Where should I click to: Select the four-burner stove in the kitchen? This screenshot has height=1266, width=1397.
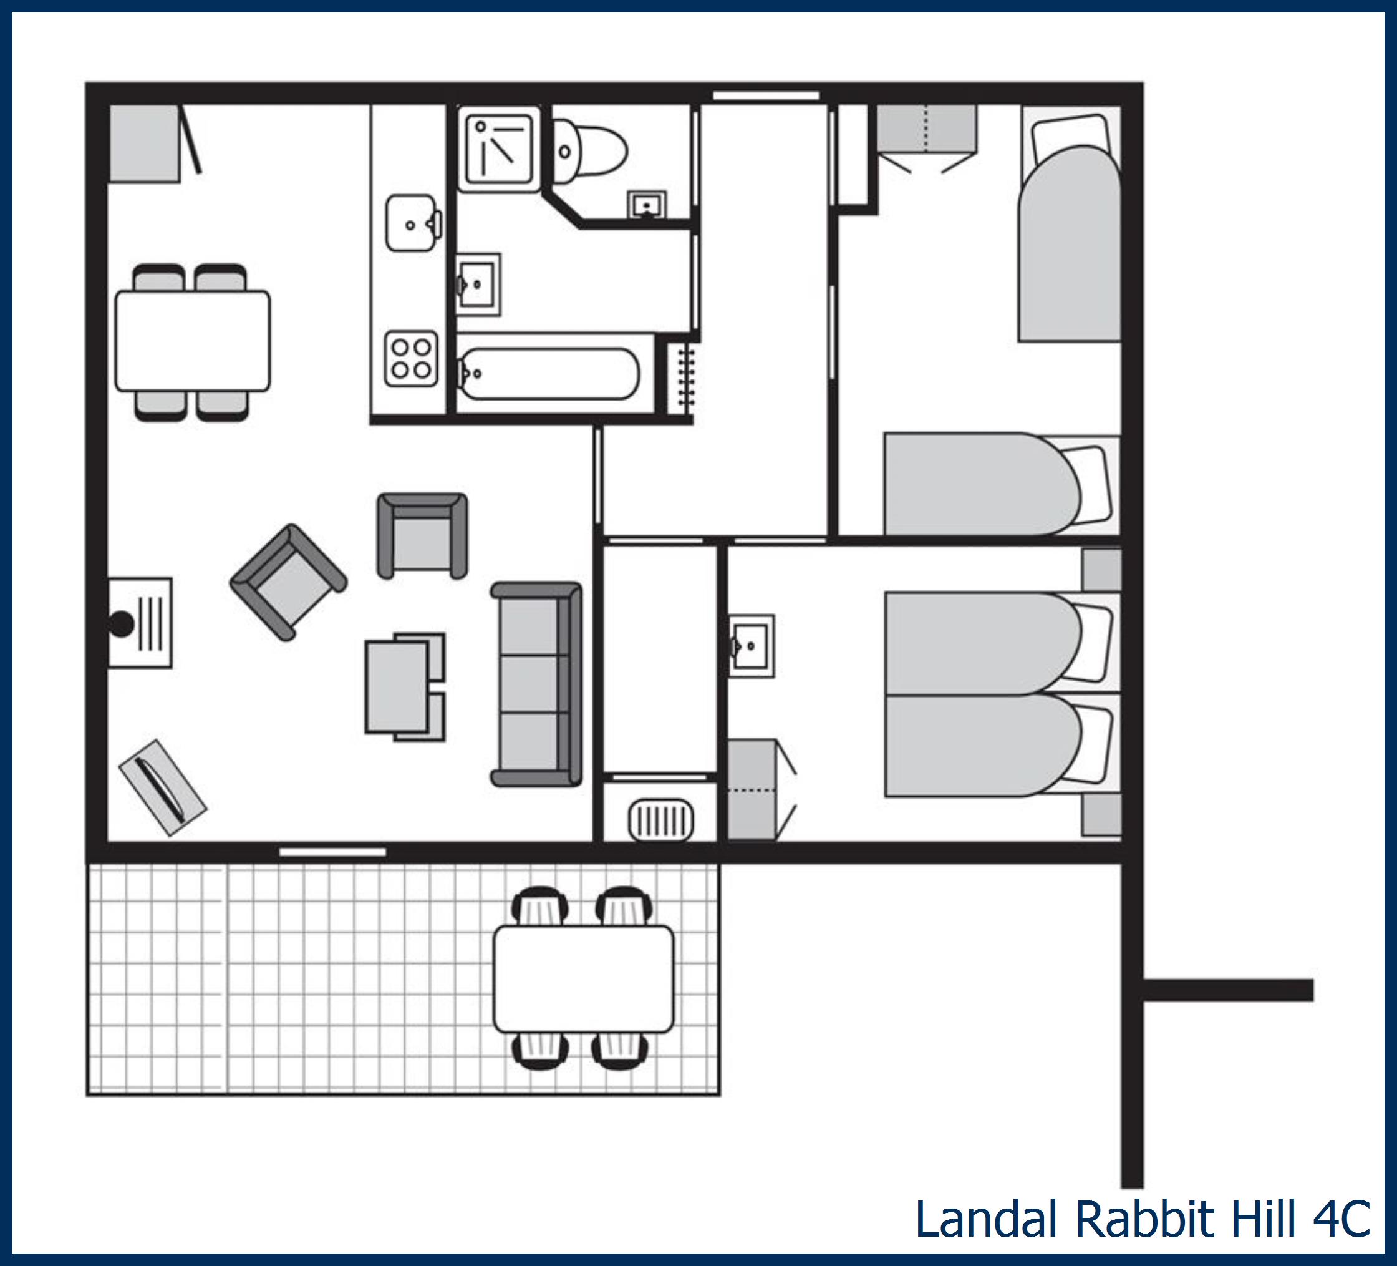coord(412,358)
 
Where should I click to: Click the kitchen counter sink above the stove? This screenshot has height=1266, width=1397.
coord(412,223)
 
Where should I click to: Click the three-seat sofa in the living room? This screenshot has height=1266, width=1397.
coord(536,684)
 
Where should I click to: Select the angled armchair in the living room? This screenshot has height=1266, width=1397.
coord(288,582)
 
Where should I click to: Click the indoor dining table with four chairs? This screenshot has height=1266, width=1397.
coord(193,341)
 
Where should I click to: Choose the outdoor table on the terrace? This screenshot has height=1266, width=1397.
coord(582,979)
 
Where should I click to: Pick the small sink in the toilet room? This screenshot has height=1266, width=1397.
coord(647,205)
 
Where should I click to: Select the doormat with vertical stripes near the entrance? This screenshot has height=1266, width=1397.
coord(660,821)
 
